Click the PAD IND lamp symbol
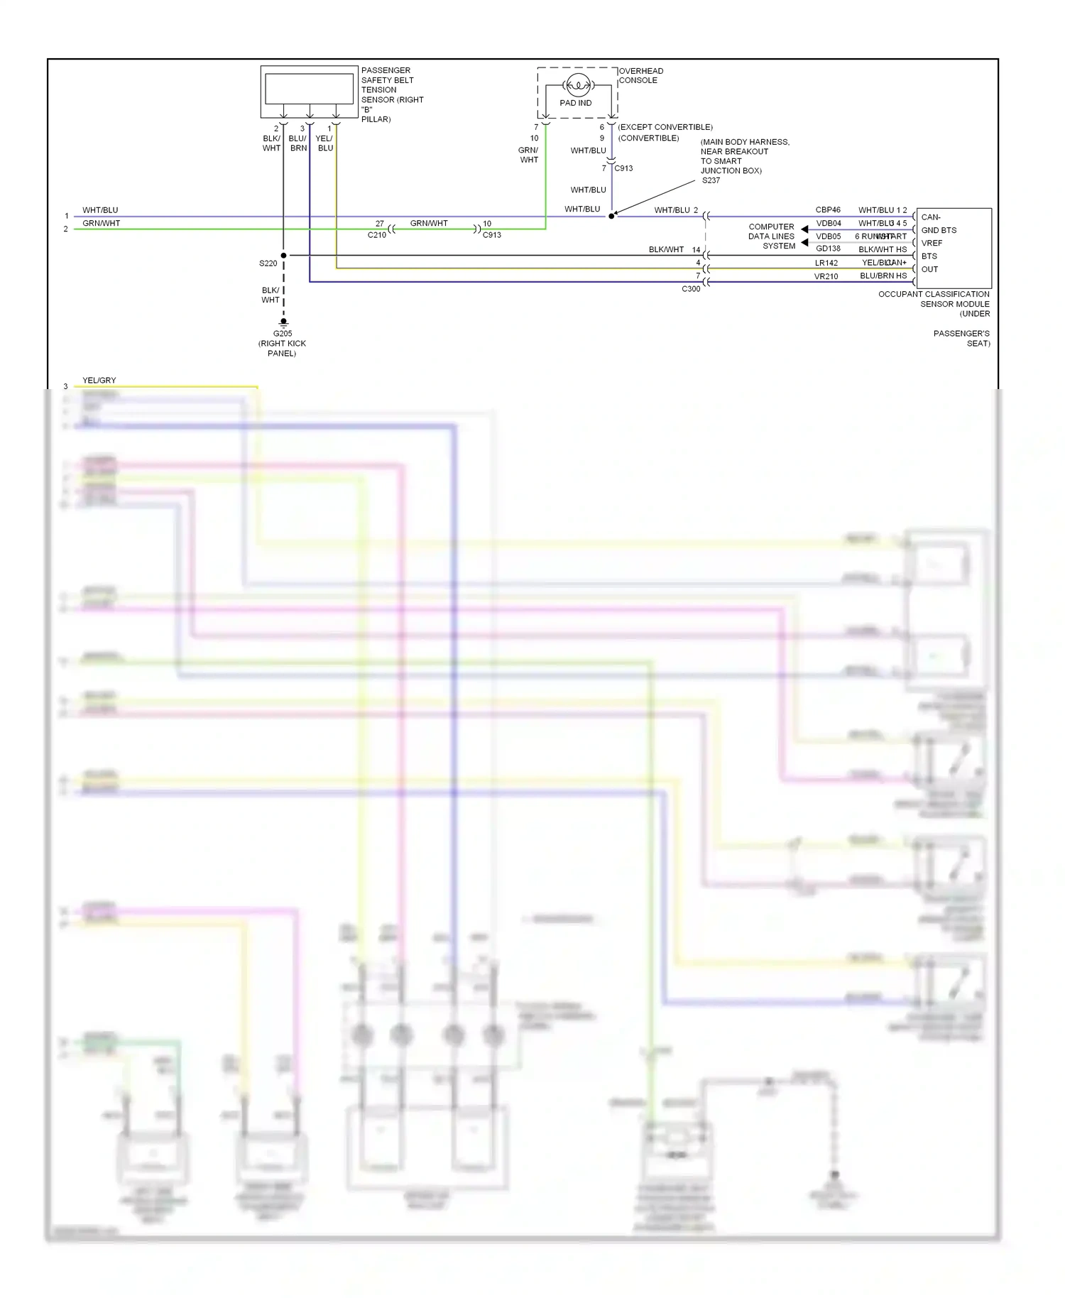click(578, 86)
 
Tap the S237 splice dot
click(611, 216)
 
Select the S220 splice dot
click(283, 255)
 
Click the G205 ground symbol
click(283, 323)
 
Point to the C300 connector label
click(691, 289)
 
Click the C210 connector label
click(376, 235)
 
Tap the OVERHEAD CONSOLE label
click(640, 75)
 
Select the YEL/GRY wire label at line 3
click(99, 381)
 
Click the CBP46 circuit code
click(828, 210)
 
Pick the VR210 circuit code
click(826, 277)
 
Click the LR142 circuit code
click(826, 263)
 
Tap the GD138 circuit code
click(828, 249)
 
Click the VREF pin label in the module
click(932, 243)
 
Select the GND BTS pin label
click(939, 230)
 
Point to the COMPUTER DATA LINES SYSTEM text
click(771, 236)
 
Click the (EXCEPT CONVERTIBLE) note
click(665, 127)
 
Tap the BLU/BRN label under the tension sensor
click(297, 143)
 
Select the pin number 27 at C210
click(380, 224)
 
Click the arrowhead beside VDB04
click(804, 229)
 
